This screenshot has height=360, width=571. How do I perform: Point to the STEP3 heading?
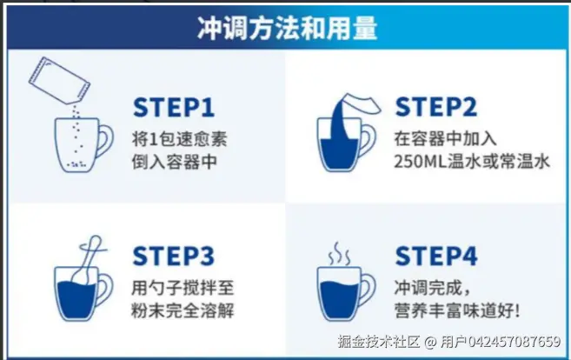click(x=173, y=256)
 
